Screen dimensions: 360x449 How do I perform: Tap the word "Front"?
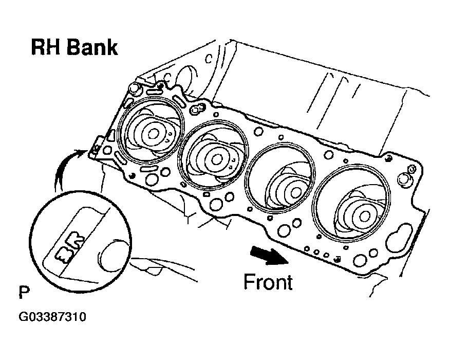(x=268, y=282)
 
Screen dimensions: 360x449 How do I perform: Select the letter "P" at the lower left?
(x=24, y=294)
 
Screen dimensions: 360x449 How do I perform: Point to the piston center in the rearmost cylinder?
(x=153, y=133)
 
